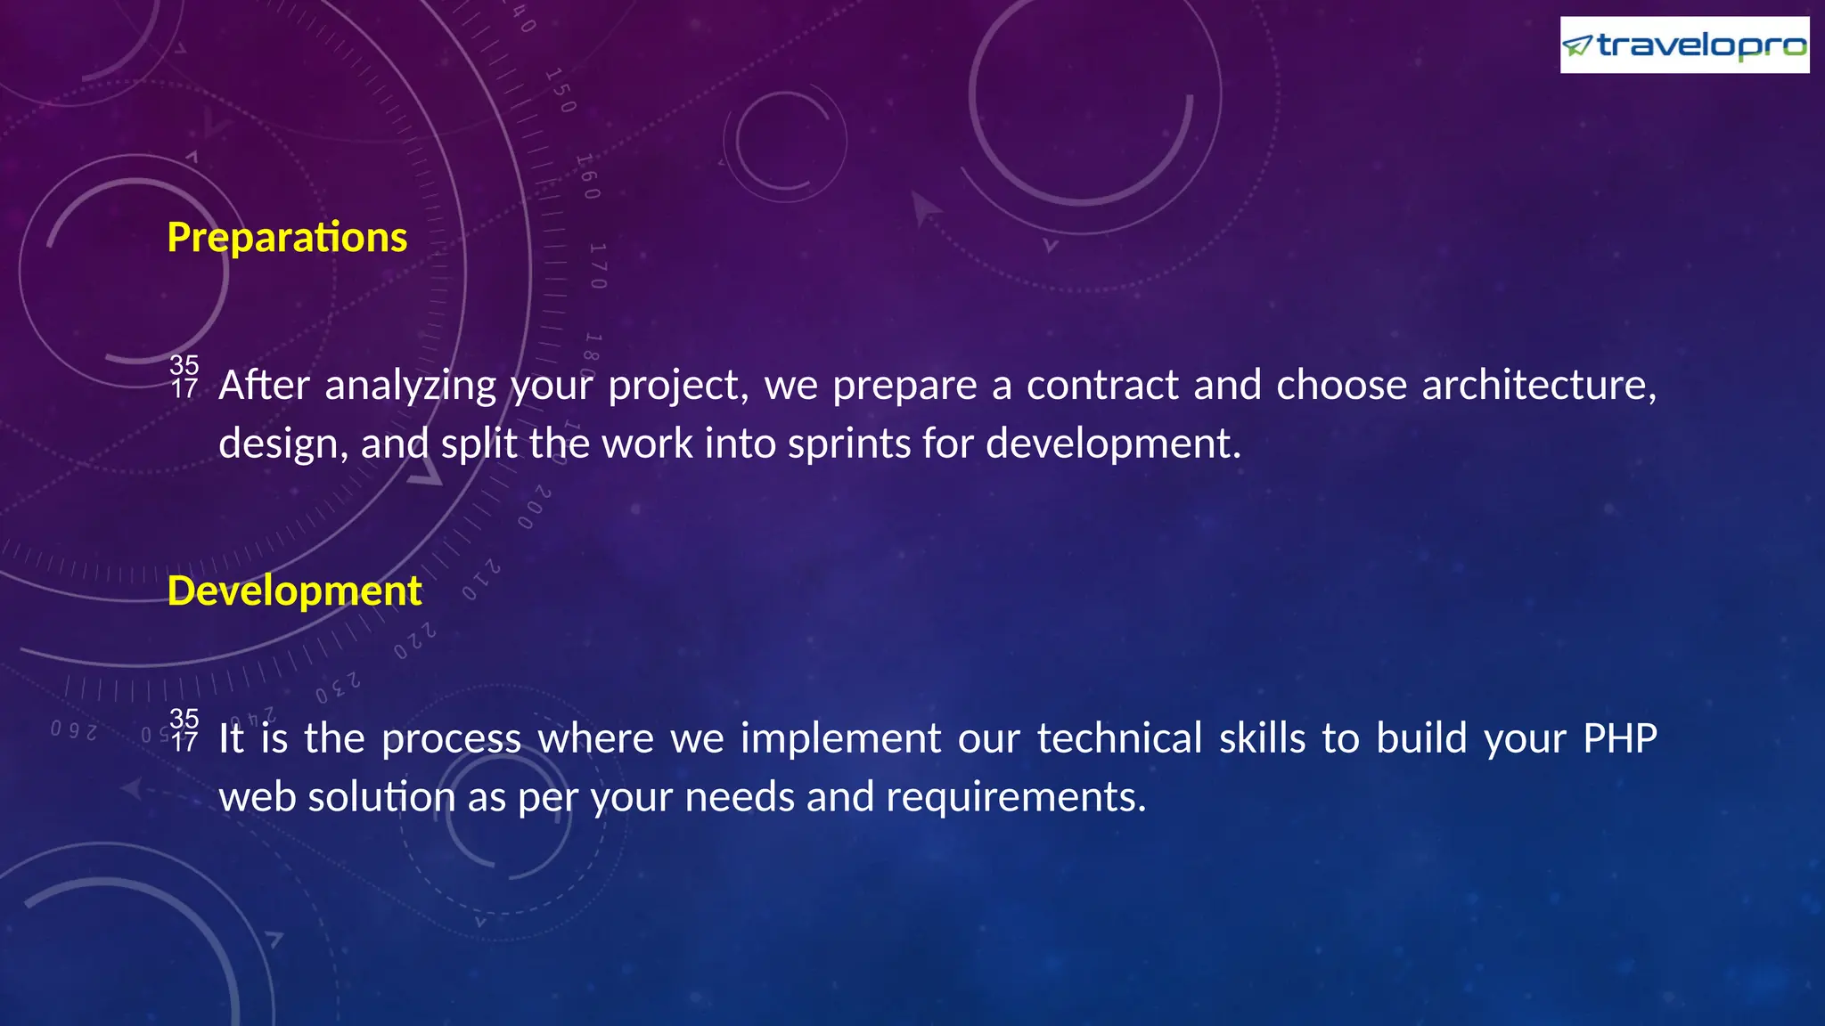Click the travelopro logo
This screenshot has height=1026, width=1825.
tap(1684, 45)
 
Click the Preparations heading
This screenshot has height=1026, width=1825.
tap(287, 238)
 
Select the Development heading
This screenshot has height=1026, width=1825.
tap(294, 591)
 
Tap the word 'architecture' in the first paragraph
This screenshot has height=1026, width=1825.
tap(1538, 385)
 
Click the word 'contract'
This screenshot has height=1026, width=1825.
tap(1102, 385)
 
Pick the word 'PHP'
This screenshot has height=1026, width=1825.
tap(1619, 738)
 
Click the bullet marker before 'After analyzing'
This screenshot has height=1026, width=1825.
tap(184, 377)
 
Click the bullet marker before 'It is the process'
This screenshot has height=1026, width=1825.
tap(184, 730)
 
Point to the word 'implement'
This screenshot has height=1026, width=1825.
tap(840, 739)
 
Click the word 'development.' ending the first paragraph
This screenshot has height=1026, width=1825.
tap(1113, 444)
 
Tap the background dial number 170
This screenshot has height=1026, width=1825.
tap(598, 265)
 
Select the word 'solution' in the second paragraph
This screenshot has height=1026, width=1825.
tap(381, 797)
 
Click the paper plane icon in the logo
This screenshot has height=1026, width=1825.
tap(1577, 45)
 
